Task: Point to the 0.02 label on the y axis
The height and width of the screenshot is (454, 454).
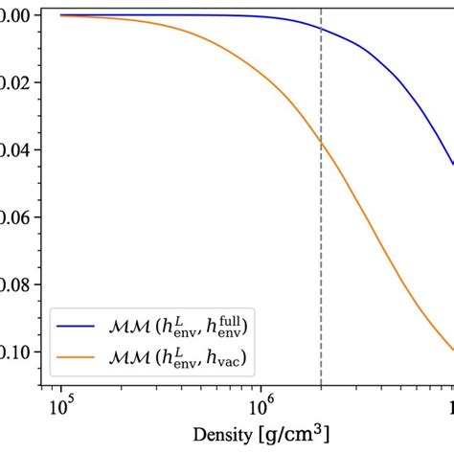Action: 17,83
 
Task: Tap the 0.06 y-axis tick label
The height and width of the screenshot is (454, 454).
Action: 17,217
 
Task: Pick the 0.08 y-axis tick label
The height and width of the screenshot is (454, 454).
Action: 17,284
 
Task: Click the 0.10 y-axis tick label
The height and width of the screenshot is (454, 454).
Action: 17,352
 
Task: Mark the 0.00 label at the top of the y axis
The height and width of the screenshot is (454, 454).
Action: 17,16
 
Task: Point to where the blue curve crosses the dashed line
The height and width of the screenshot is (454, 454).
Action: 321,30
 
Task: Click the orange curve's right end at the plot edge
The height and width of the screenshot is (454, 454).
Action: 452,350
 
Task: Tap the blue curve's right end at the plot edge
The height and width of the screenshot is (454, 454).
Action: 452,165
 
